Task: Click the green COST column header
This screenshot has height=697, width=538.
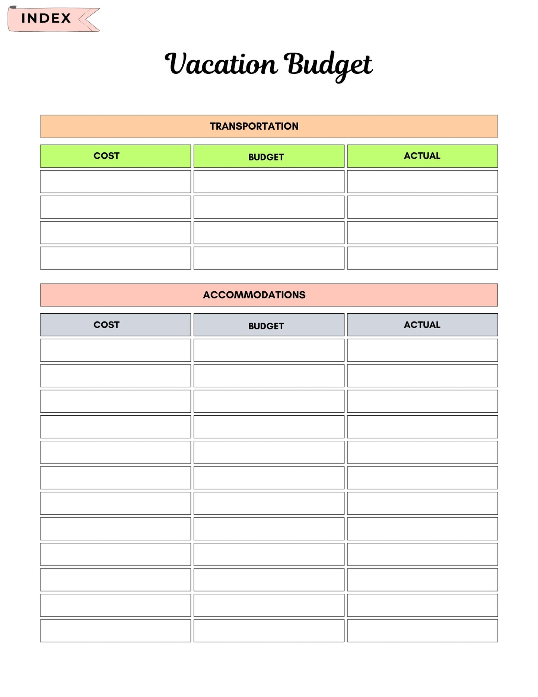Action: tap(115, 156)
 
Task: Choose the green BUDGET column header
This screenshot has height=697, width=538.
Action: tap(269, 156)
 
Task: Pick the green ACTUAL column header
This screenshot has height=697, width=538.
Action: tap(422, 156)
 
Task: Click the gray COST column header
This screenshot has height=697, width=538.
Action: tap(115, 325)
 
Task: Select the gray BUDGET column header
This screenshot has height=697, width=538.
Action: tap(269, 325)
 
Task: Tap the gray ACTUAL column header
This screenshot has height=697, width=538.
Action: tap(422, 325)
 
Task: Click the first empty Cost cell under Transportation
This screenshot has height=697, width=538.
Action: tap(115, 182)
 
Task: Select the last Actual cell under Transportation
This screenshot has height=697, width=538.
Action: tap(422, 258)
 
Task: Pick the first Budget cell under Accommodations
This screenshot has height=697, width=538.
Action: tap(269, 350)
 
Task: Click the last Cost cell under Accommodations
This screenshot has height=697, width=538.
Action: tap(115, 631)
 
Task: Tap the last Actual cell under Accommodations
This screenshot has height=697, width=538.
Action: tap(422, 631)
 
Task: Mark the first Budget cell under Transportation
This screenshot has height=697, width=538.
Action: tap(269, 182)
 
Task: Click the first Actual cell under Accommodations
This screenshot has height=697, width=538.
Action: tap(422, 350)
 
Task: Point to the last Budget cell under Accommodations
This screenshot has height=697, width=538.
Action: tap(269, 631)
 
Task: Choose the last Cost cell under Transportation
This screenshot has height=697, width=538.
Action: tap(115, 258)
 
